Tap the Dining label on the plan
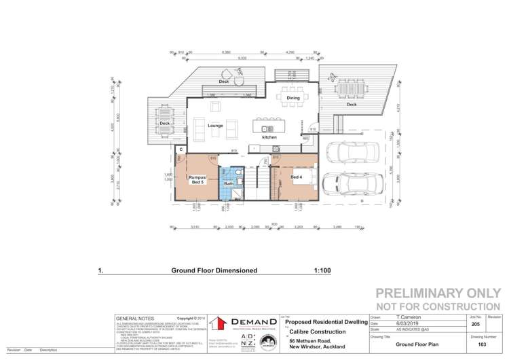pyautogui.click(x=293, y=98)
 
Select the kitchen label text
pyautogui.click(x=269, y=137)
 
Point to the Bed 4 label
pyautogui.click(x=296, y=177)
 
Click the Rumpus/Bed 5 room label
pyautogui.click(x=197, y=179)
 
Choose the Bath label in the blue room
pyautogui.click(x=229, y=183)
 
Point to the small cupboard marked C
pyautogui.click(x=181, y=149)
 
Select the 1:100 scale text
pyautogui.click(x=322, y=270)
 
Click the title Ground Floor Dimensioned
pyautogui.click(x=214, y=270)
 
